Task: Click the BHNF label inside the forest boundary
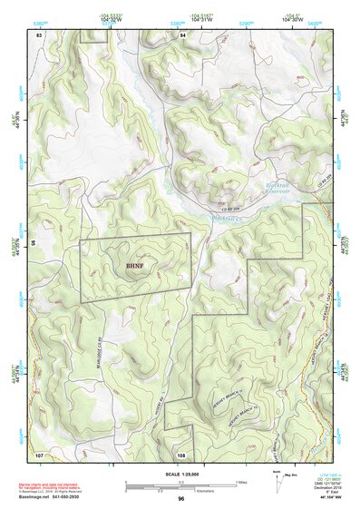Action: [134, 266]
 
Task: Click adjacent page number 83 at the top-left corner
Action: [39, 34]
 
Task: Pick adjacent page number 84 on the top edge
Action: [182, 34]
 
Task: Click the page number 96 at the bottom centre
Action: [181, 499]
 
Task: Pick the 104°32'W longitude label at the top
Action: [111, 19]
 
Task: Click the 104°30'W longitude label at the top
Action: [292, 19]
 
